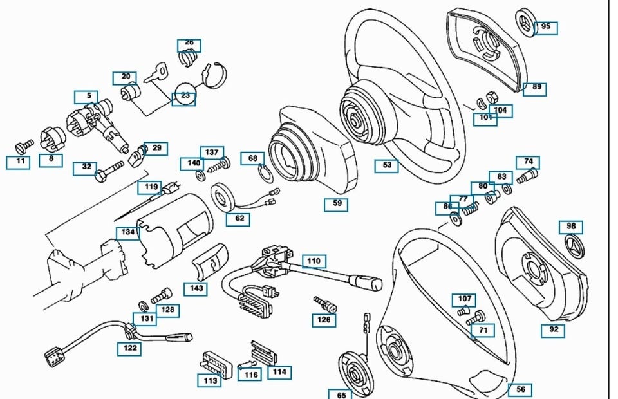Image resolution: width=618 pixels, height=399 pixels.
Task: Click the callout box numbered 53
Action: point(387,165)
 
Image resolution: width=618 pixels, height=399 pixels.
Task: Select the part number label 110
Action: point(314,262)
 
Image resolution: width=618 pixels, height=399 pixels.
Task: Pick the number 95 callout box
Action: point(545,27)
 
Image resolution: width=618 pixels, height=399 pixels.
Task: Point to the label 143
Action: point(196,288)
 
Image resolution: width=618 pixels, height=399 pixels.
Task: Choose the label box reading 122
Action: point(129,349)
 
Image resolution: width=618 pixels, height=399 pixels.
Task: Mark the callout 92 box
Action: point(553,330)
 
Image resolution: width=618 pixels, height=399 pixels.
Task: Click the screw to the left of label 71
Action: point(476,317)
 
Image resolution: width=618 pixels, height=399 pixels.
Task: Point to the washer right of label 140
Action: point(200,174)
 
